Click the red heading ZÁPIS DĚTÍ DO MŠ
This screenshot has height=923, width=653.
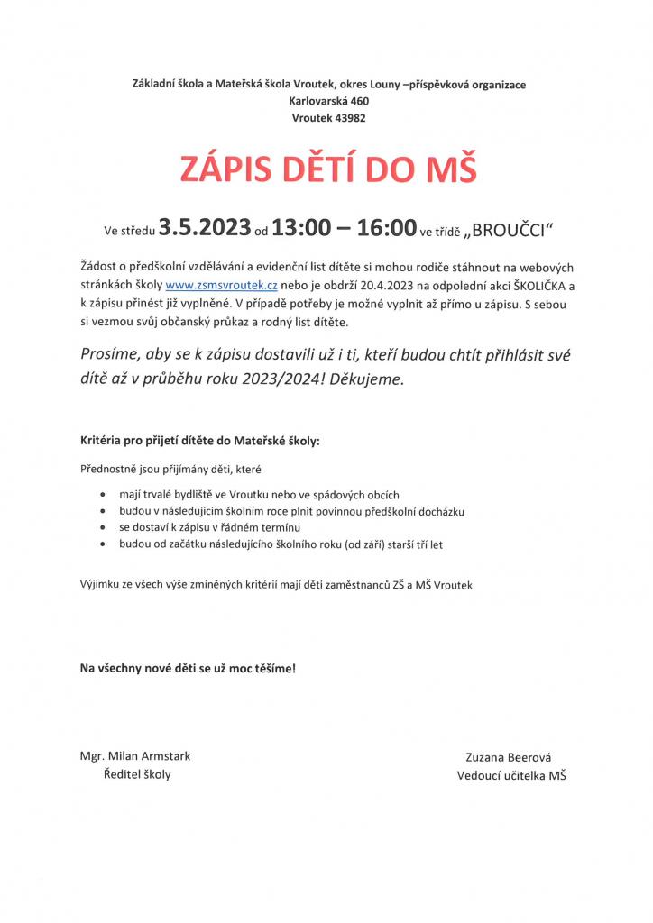pos(328,170)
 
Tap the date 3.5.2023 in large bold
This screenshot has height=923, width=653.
pos(205,229)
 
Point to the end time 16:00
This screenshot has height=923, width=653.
pos(386,229)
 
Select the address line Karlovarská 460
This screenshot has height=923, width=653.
pos(328,101)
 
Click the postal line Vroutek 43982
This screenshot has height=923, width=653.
pos(328,117)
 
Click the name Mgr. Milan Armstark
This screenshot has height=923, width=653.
pos(135,756)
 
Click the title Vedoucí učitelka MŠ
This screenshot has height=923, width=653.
pos(511,776)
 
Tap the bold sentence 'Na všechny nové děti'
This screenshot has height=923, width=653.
pos(188,669)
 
